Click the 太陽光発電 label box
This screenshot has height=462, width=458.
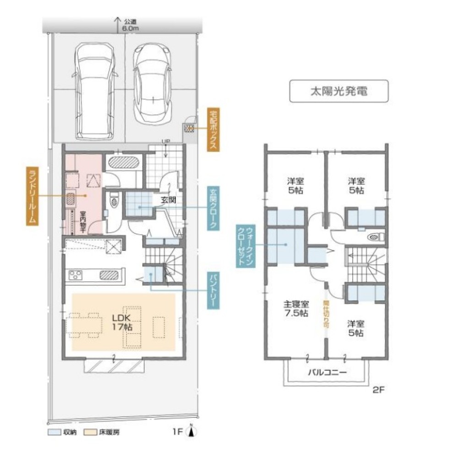(338, 91)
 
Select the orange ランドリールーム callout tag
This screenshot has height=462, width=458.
(32, 196)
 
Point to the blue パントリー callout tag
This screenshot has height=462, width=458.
(213, 291)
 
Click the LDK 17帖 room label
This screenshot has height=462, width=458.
(122, 322)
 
